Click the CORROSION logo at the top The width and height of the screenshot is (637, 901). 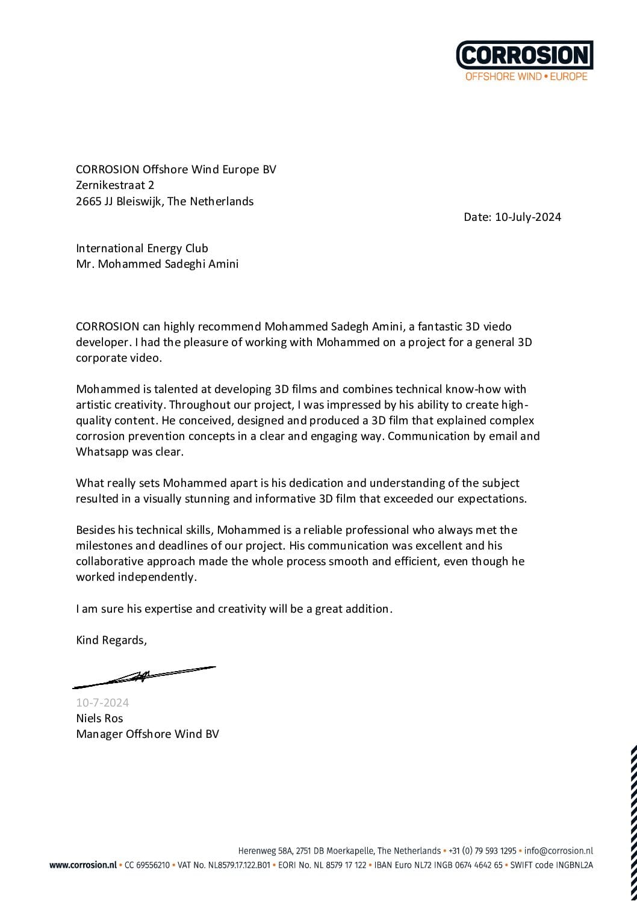tap(524, 55)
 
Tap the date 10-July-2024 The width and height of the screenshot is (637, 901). tap(528, 217)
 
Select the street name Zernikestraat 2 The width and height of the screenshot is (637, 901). tap(115, 185)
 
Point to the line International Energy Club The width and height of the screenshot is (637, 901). tap(142, 248)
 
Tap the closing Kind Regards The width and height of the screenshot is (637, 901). tap(111, 640)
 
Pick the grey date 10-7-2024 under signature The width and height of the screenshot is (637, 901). tap(102, 703)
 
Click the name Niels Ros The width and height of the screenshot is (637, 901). tap(99, 718)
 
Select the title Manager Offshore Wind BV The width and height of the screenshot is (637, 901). tap(148, 734)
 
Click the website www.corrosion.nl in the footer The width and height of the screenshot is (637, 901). tap(82, 865)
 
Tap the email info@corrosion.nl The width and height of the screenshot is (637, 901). tap(559, 851)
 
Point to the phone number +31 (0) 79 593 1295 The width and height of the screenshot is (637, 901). tap(482, 851)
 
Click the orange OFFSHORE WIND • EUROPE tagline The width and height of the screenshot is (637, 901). tap(526, 77)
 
